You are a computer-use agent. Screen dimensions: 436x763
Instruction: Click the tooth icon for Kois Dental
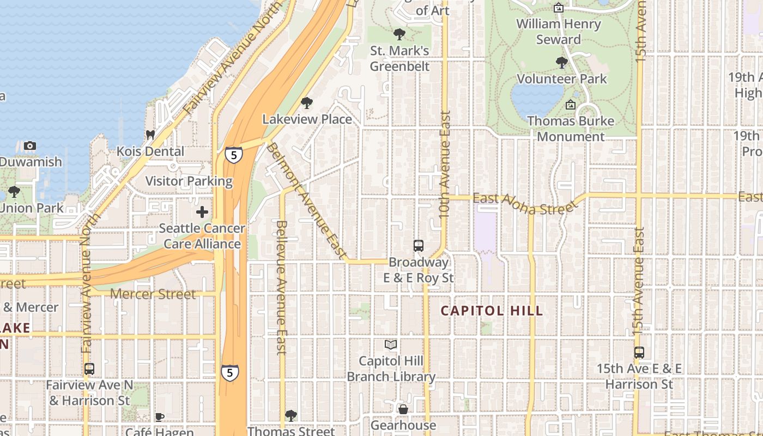pyautogui.click(x=151, y=135)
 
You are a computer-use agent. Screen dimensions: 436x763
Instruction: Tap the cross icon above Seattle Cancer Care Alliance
pyautogui.click(x=202, y=212)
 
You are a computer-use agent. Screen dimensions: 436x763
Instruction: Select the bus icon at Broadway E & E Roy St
pyautogui.click(x=418, y=246)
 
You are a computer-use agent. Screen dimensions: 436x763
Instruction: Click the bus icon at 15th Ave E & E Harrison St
pyautogui.click(x=639, y=353)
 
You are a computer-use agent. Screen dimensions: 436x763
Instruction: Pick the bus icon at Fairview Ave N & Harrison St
pyautogui.click(x=89, y=369)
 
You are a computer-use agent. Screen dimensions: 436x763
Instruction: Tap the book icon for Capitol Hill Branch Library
pyautogui.click(x=391, y=344)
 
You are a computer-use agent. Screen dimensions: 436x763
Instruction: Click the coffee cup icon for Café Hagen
pyautogui.click(x=160, y=417)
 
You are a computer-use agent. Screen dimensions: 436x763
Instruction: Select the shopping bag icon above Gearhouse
pyautogui.click(x=403, y=409)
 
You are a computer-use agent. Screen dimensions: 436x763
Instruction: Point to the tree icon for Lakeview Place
pyautogui.click(x=307, y=103)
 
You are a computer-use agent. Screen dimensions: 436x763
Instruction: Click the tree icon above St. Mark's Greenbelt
pyautogui.click(x=399, y=34)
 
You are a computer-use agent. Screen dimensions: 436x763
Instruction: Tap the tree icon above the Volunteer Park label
pyautogui.click(x=562, y=63)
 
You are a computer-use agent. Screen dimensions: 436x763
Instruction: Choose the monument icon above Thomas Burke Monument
pyautogui.click(x=571, y=105)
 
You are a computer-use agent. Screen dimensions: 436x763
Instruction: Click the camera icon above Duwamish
pyautogui.click(x=30, y=146)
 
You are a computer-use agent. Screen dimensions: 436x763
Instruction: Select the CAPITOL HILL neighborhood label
pyautogui.click(x=492, y=311)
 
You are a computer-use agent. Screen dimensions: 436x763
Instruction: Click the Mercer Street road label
pyautogui.click(x=153, y=294)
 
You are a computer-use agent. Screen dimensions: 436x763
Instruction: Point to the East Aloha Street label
pyautogui.click(x=525, y=203)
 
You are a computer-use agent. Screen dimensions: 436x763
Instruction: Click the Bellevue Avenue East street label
pyautogui.click(x=281, y=287)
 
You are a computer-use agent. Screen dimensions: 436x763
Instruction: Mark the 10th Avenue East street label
pyautogui.click(x=445, y=165)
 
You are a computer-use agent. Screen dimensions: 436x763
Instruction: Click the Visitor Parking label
pyautogui.click(x=189, y=181)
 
